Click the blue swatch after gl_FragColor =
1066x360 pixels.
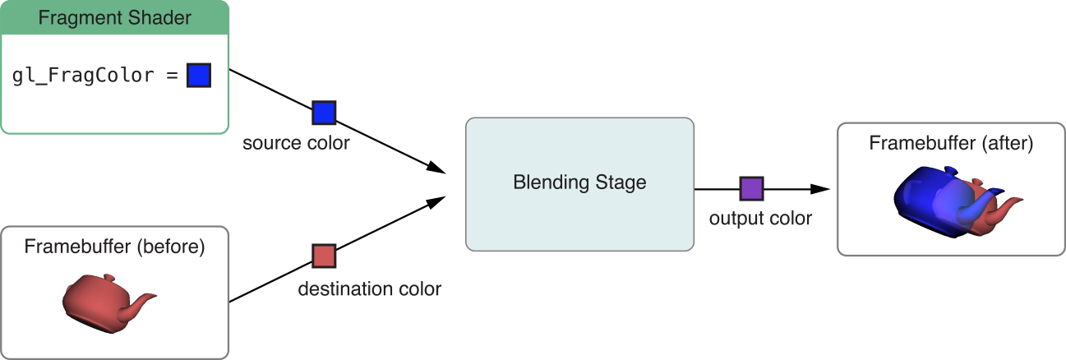click(199, 76)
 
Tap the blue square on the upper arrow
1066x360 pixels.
click(324, 113)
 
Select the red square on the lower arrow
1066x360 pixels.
click(324, 256)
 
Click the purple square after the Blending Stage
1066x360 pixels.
click(751, 188)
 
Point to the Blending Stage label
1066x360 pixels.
click(579, 182)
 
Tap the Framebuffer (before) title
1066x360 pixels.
click(114, 246)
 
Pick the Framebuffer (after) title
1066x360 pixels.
click(951, 143)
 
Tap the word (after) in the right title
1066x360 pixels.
click(1006, 143)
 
